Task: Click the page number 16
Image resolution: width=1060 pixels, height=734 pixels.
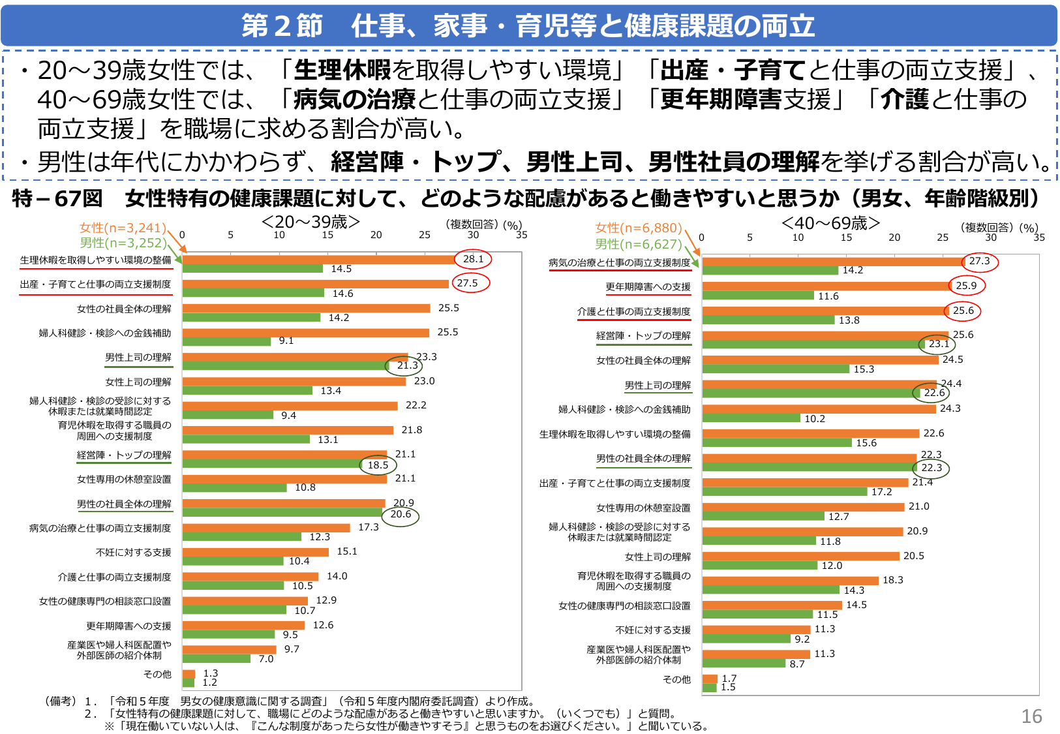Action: click(x=1031, y=716)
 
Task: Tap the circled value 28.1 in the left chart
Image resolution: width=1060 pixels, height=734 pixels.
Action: click(x=473, y=259)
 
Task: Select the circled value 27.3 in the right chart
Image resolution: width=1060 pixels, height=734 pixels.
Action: click(x=979, y=261)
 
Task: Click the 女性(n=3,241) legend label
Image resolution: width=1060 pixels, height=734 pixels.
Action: click(x=123, y=228)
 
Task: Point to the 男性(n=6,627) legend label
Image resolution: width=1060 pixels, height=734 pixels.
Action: click(x=638, y=244)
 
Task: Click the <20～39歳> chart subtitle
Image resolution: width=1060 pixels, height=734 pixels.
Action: click(x=310, y=222)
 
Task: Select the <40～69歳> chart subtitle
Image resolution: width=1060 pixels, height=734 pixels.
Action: click(x=830, y=223)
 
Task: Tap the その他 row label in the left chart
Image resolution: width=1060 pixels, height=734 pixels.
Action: click(x=157, y=674)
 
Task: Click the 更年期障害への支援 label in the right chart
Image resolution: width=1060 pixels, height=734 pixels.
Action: click(x=648, y=287)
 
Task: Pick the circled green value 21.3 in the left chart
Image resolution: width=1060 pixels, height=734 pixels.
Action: click(x=407, y=365)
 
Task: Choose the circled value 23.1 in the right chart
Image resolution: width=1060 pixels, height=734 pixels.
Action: click(x=939, y=344)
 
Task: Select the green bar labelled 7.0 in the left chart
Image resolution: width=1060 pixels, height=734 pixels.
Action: click(x=217, y=659)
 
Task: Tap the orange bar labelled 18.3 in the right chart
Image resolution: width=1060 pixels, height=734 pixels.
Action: click(x=790, y=580)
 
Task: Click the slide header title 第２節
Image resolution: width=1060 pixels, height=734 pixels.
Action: click(x=282, y=25)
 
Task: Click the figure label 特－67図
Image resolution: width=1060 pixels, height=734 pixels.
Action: click(x=57, y=198)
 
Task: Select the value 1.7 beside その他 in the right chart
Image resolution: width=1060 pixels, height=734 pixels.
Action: click(x=729, y=679)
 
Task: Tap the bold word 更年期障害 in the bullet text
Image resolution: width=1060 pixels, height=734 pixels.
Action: click(x=721, y=99)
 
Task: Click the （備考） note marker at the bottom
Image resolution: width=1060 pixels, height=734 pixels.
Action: click(x=61, y=701)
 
